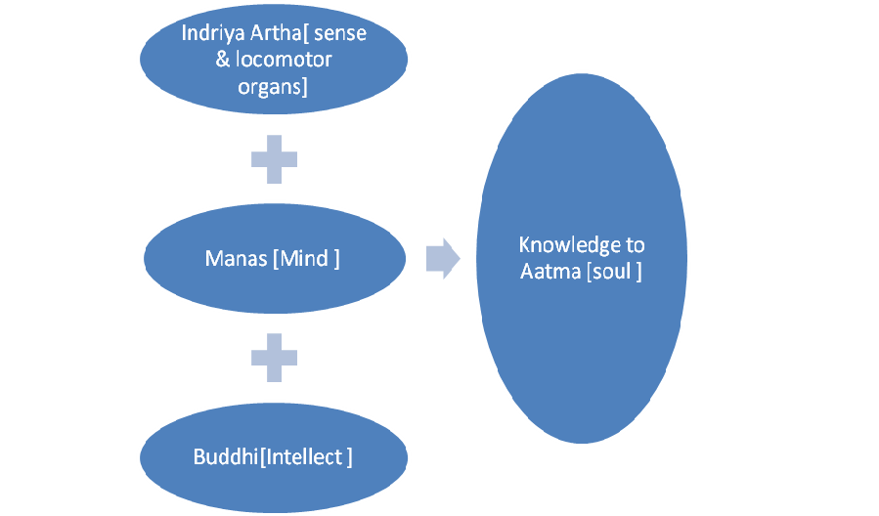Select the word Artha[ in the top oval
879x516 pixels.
click(273, 33)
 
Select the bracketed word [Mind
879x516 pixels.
click(305, 260)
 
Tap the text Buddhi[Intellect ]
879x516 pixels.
click(273, 456)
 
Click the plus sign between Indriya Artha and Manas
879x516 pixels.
click(273, 159)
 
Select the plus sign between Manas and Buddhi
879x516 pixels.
click(273, 359)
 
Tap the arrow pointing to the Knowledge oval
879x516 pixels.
click(443, 258)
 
